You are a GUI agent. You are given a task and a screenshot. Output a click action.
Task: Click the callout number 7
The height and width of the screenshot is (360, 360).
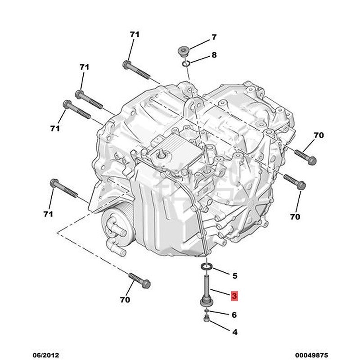click(x=214, y=37)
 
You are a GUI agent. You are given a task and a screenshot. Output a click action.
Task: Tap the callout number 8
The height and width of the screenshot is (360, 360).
click(x=214, y=55)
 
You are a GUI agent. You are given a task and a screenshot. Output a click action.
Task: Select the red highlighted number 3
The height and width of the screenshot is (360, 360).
click(x=234, y=296)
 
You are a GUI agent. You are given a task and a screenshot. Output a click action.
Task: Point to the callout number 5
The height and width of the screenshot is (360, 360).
click(x=234, y=275)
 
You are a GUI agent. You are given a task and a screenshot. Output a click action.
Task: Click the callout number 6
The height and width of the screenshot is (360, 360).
click(x=234, y=315)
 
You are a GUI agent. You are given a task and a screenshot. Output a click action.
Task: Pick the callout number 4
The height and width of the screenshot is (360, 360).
click(x=234, y=333)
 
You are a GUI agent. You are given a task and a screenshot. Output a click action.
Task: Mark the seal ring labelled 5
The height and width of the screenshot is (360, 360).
click(x=206, y=268)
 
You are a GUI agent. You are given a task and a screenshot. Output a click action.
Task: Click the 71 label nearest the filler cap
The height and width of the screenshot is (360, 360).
click(x=135, y=35)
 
